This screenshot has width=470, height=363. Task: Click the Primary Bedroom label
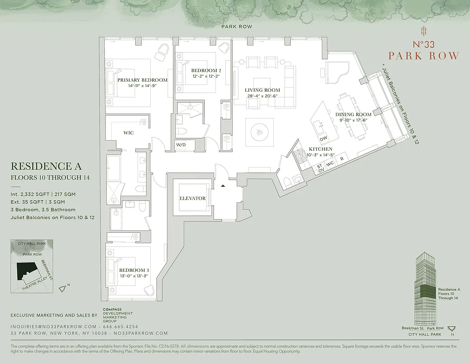pyautogui.click(x=142, y=80)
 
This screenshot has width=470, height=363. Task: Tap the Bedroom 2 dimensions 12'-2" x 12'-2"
pyautogui.click(x=206, y=77)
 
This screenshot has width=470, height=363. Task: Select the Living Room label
pyautogui.click(x=262, y=90)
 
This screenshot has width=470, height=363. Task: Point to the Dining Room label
pyautogui.click(x=353, y=115)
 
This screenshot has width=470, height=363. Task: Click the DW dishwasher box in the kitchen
pyautogui.click(x=323, y=139)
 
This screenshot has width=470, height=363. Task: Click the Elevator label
pyautogui.click(x=192, y=198)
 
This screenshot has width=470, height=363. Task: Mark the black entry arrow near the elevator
pyautogui.click(x=223, y=186)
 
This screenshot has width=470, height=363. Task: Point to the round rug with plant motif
pyautogui.click(x=260, y=132)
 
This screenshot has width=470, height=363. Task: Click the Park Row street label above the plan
pyautogui.click(x=236, y=27)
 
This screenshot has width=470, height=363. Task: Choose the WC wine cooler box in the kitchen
pyautogui.click(x=330, y=163)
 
